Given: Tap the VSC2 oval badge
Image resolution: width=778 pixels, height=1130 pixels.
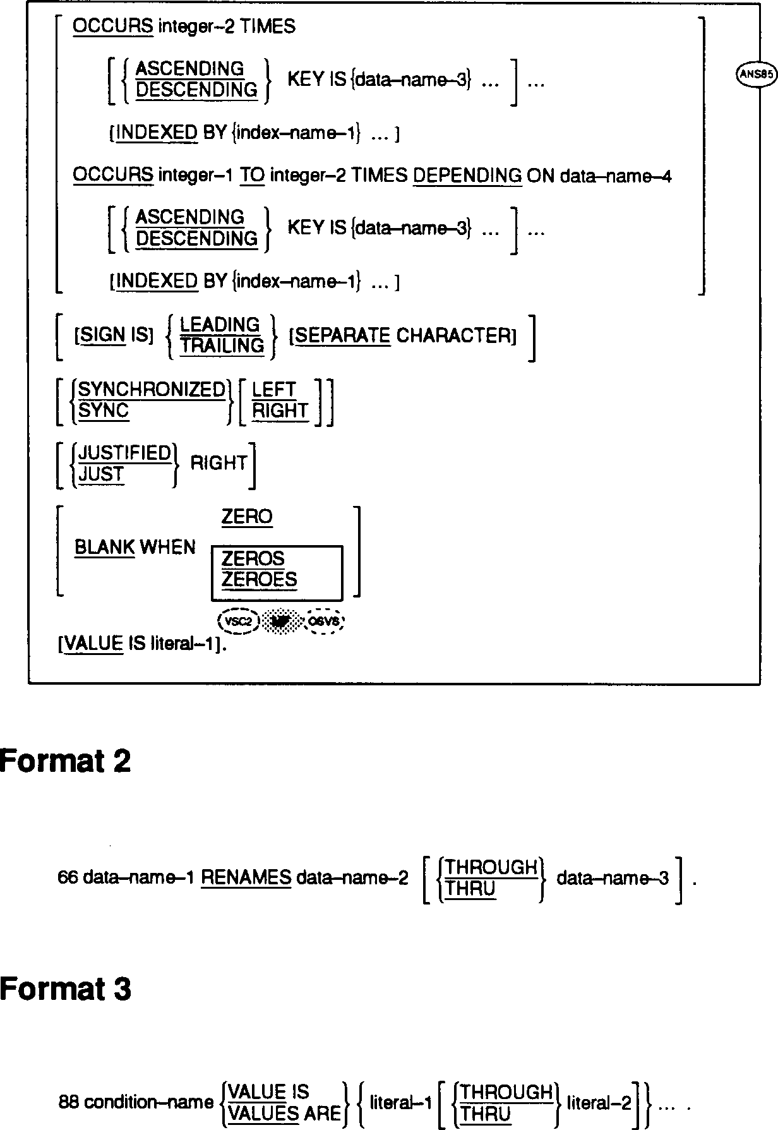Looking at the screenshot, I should pyautogui.click(x=239, y=622).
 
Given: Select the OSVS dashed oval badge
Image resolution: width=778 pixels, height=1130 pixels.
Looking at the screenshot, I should pyautogui.click(x=325, y=622).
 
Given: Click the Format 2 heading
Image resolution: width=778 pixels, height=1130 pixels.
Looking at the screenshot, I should pyautogui.click(x=66, y=761).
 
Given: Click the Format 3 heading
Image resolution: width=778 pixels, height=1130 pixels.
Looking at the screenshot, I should pyautogui.click(x=66, y=989).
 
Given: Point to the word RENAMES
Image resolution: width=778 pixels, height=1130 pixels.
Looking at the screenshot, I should pyautogui.click(x=246, y=878).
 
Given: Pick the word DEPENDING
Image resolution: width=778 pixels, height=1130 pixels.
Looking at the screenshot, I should pyautogui.click(x=467, y=175).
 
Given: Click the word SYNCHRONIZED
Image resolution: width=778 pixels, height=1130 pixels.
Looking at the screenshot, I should pyautogui.click(x=152, y=390).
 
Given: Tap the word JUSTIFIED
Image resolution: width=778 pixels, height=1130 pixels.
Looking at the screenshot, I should pyautogui.click(x=125, y=453).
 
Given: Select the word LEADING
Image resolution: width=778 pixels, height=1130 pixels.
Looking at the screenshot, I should pyautogui.click(x=220, y=325).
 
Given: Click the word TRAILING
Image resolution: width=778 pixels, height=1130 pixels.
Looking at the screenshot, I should pyautogui.click(x=222, y=346).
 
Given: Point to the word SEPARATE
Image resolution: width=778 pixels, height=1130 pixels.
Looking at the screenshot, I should pyautogui.click(x=343, y=335).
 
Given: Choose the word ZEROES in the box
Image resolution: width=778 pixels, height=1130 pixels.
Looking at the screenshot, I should pyautogui.click(x=259, y=579).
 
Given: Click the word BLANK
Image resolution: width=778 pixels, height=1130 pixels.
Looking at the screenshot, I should pyautogui.click(x=105, y=547).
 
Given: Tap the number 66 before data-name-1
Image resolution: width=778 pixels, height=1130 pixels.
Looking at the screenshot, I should pyautogui.click(x=68, y=878).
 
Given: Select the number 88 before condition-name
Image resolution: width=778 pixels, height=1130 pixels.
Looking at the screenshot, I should pyautogui.click(x=68, y=1103).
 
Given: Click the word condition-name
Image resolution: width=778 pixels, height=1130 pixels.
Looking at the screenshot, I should pyautogui.click(x=149, y=1103).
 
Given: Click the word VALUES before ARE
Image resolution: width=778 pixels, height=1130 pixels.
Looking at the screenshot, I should pyautogui.click(x=263, y=1114).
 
